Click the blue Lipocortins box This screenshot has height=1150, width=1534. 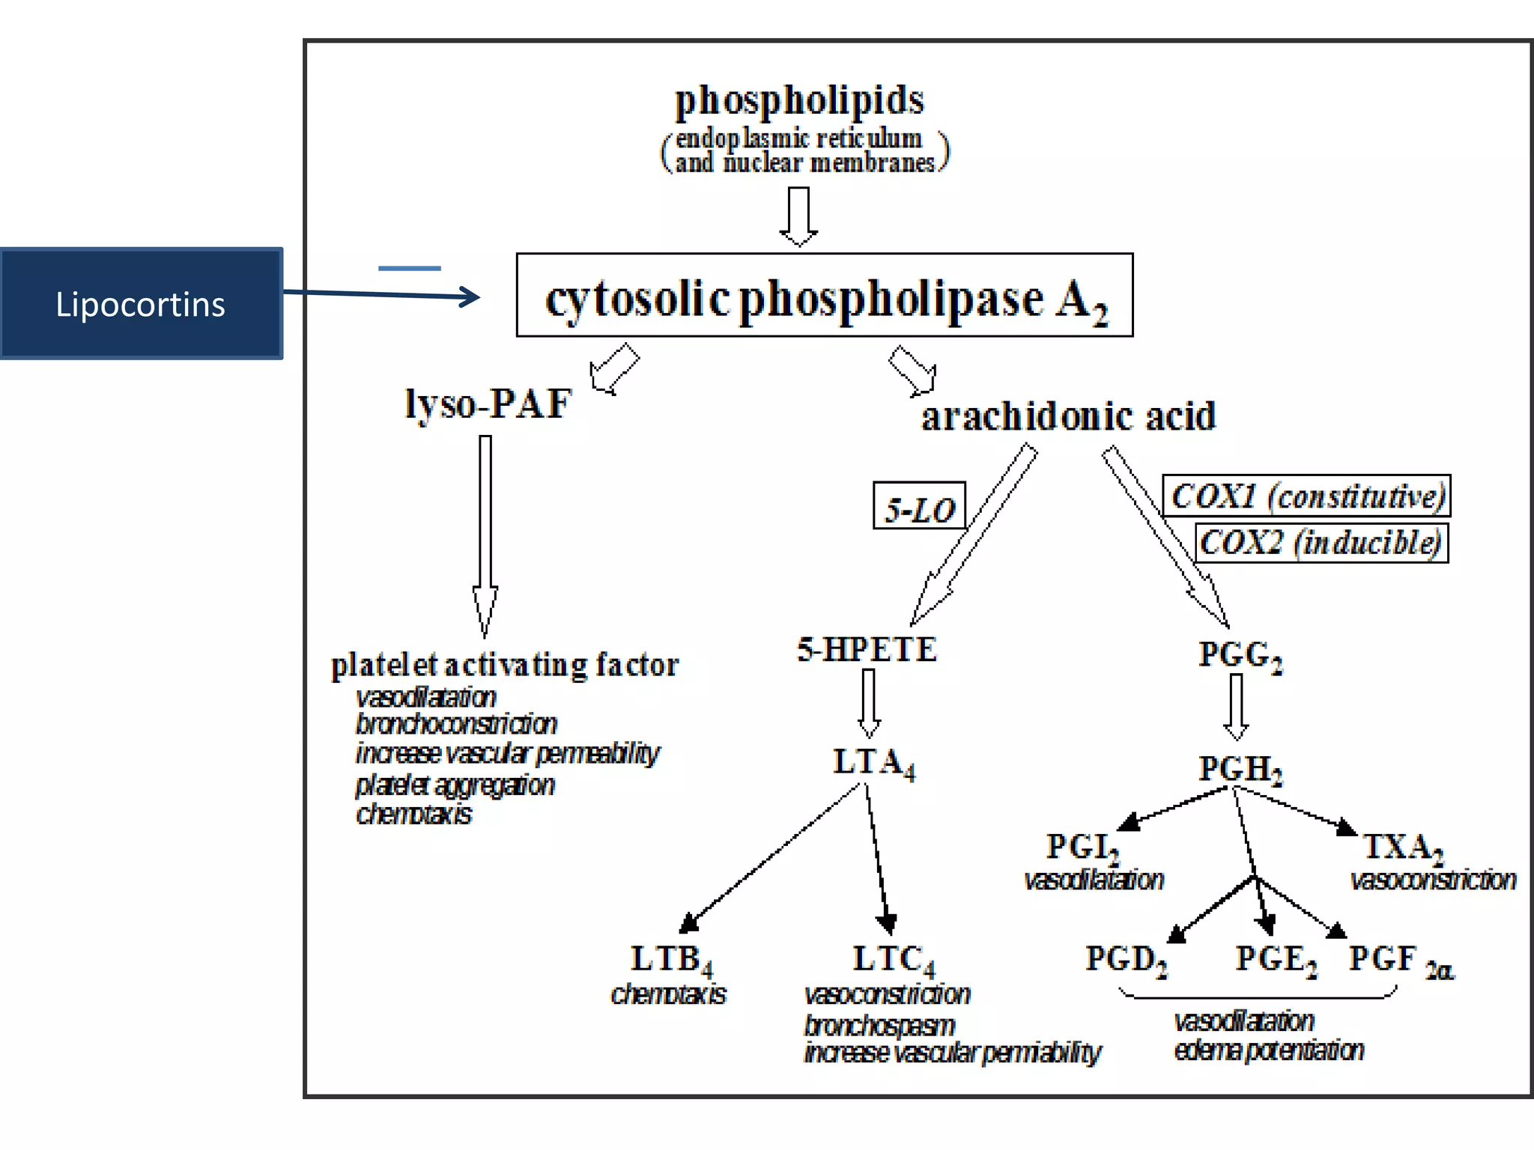[141, 304]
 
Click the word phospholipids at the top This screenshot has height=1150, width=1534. [799, 101]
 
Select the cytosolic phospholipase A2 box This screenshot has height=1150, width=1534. [824, 296]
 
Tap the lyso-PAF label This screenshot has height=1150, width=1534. [488, 404]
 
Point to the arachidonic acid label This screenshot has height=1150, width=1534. [1068, 416]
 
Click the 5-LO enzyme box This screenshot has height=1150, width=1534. [919, 507]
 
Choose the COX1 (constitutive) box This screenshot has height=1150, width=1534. [1306, 496]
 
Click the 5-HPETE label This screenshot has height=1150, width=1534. [867, 649]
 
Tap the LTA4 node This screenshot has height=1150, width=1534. [873, 764]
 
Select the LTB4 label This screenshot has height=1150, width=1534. [671, 960]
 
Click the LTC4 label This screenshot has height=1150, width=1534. [893, 960]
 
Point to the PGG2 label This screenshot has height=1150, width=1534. [1240, 655]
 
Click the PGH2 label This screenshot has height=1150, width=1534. [1240, 770]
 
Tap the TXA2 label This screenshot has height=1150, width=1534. [1402, 848]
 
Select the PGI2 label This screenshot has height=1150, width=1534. [1082, 848]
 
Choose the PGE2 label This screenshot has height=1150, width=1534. [1276, 960]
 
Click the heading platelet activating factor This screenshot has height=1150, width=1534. [505, 665]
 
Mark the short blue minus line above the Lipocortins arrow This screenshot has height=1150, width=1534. [410, 268]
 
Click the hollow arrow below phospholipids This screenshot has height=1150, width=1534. [798, 216]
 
